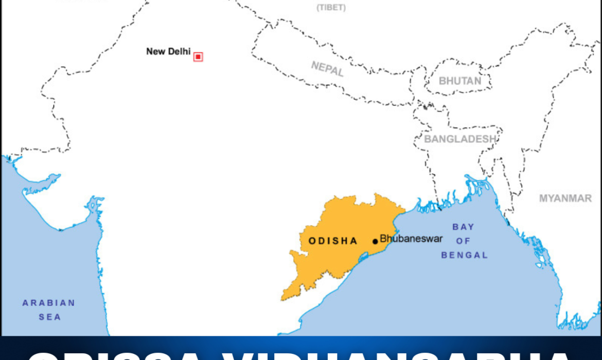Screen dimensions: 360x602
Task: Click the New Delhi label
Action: [168, 51]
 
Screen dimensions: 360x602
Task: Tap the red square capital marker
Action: [198, 57]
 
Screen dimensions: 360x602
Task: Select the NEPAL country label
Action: [327, 68]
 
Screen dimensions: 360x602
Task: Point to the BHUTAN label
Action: [460, 81]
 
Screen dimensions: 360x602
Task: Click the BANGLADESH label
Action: [460, 139]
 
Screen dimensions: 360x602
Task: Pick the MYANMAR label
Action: [565, 198]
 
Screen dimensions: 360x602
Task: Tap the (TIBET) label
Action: [331, 7]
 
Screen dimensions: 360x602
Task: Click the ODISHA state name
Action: [332, 241]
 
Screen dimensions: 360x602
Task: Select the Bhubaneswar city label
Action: [411, 239]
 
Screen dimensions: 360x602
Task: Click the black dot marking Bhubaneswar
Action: [375, 241]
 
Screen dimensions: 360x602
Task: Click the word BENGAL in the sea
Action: [464, 255]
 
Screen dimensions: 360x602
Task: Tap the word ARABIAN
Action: [49, 303]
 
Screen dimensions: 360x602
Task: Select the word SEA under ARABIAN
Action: [49, 317]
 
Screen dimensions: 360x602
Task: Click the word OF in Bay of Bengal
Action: [463, 241]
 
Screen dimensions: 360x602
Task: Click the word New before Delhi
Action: [155, 51]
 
